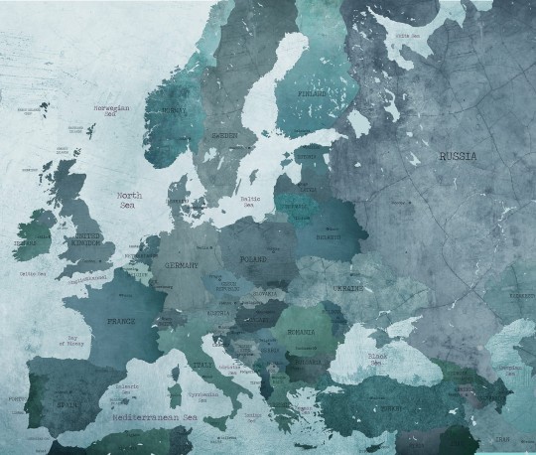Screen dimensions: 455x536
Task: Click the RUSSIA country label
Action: (x=458, y=156)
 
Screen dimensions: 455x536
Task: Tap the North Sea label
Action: (x=128, y=201)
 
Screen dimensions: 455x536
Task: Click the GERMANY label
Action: (x=182, y=265)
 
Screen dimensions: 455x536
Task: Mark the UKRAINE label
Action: (x=348, y=287)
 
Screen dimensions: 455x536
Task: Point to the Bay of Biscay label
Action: (x=74, y=343)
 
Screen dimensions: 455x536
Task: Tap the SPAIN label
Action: (x=67, y=404)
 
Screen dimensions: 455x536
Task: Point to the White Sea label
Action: (x=407, y=36)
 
